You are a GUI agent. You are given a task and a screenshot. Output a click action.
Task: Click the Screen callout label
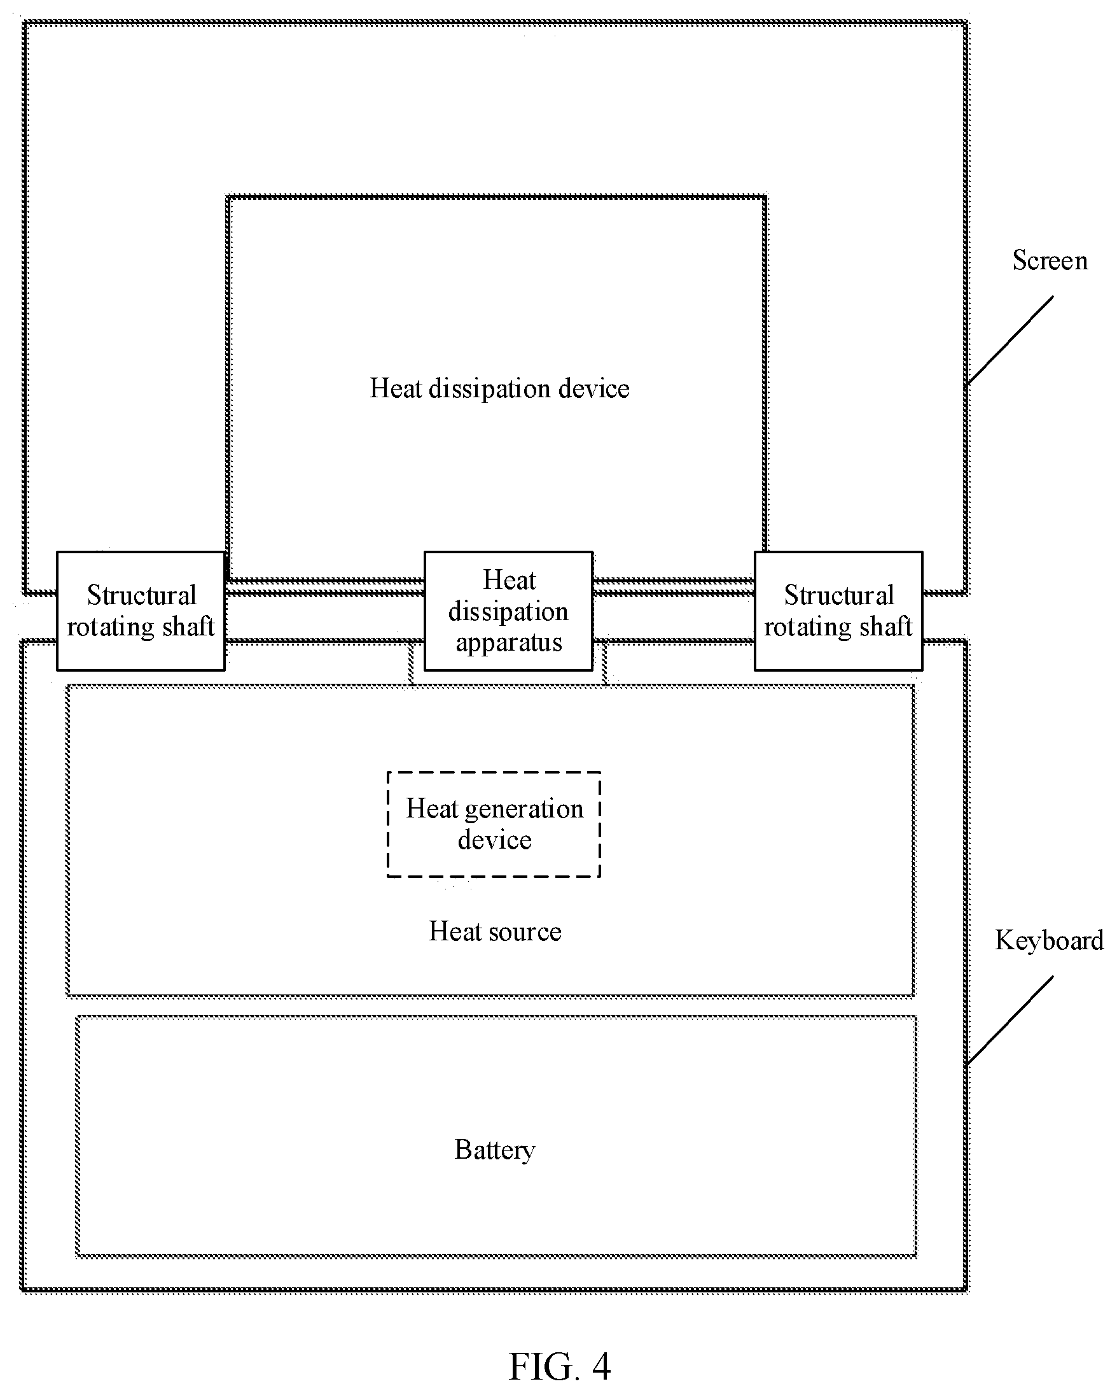coord(1050,260)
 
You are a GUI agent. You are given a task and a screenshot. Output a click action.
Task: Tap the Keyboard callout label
coord(1049,941)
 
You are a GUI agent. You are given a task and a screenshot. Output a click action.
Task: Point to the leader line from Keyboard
coord(1010,1020)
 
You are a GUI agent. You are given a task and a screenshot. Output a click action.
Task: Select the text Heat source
coord(496,931)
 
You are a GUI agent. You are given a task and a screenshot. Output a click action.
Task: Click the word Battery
coord(495,1150)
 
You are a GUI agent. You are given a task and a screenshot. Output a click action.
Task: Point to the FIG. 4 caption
coord(559,1366)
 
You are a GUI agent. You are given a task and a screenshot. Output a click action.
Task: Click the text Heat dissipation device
coord(499,388)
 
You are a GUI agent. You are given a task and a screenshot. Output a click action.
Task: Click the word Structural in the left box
coord(141,595)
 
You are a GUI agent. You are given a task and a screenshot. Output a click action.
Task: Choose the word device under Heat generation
coord(495,840)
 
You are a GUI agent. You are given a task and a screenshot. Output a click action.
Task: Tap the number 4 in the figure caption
coord(601,1366)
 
